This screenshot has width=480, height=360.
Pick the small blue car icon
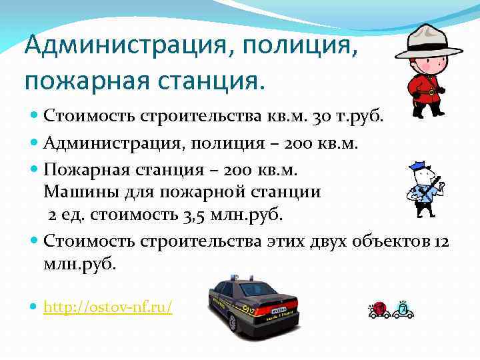[x=402, y=309]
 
